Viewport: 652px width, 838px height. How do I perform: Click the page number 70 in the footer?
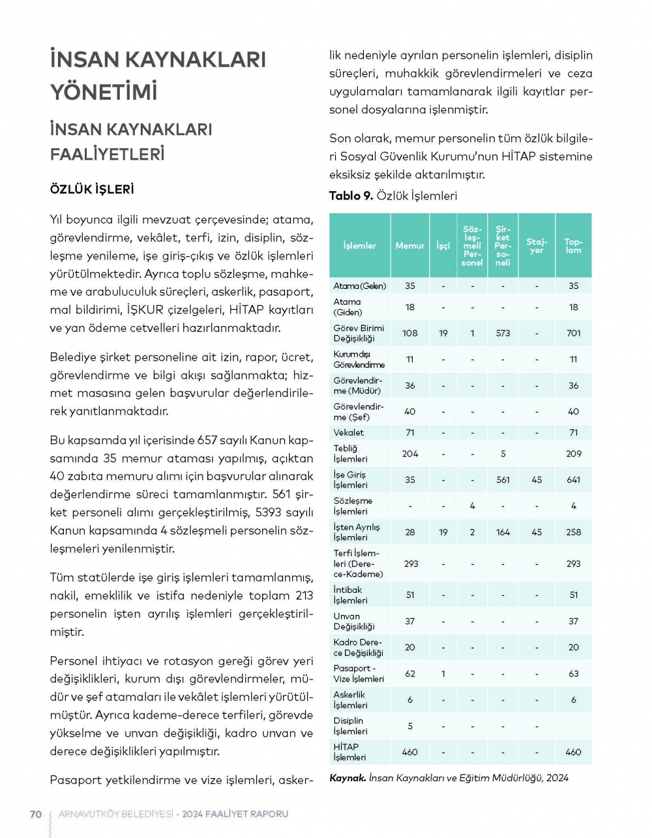coord(36,814)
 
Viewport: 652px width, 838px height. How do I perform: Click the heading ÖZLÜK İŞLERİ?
coord(92,189)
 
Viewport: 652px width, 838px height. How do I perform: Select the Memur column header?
coord(409,246)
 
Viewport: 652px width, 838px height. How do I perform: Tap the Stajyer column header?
coord(537,246)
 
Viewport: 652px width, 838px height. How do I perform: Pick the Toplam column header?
coord(573,246)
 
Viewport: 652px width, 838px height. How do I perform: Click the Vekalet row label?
coord(349,432)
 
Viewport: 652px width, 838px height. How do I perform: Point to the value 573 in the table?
coord(503,333)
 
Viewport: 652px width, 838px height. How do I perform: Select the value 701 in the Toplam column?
coord(573,333)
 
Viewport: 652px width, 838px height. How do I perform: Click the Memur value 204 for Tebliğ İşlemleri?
coord(409,454)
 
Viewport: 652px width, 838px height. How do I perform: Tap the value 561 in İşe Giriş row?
coord(503,480)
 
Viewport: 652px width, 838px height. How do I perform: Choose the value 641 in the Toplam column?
coord(573,480)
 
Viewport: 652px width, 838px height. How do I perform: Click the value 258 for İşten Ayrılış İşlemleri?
coord(573,532)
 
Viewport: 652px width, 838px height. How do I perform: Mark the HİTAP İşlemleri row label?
coord(349,752)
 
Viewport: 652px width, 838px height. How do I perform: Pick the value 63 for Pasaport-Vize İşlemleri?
coord(573,674)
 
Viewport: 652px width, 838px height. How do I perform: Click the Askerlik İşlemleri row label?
coord(350,700)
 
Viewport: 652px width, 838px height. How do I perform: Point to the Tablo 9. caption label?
coord(351,196)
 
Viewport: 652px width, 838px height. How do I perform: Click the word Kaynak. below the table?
coord(348,778)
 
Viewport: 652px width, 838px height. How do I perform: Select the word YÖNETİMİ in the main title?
coord(104,92)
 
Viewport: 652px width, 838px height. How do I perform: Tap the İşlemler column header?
coord(359,246)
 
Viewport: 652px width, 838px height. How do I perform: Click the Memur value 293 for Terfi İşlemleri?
coord(411,563)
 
